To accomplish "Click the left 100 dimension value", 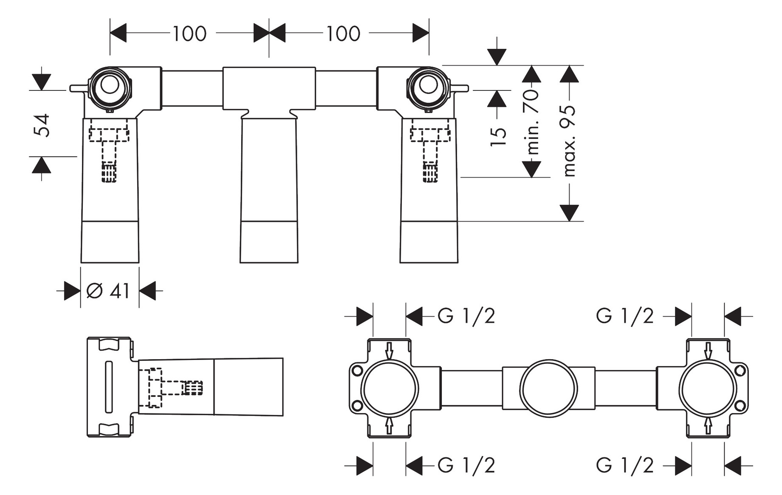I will pos(189,34).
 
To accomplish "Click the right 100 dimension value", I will pos(343,34).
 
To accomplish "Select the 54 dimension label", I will pos(42,125).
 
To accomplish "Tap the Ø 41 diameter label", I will pos(108,291).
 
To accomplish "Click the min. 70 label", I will pos(532,122).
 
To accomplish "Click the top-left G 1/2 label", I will pos(466,316).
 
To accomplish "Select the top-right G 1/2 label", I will pos(624,316).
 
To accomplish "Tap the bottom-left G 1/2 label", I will pos(466,466).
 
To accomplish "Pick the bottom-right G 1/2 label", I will pos(624,466).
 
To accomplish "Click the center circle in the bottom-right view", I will pos(548,388).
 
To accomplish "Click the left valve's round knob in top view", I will pos(110,85).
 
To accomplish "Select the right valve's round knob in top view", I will pos(428,85).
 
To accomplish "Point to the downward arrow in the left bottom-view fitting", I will pos(389,351).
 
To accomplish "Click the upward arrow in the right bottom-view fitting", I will pos(708,425).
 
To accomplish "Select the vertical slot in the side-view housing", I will pos(109,387).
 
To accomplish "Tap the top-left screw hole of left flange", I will pos(357,370).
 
